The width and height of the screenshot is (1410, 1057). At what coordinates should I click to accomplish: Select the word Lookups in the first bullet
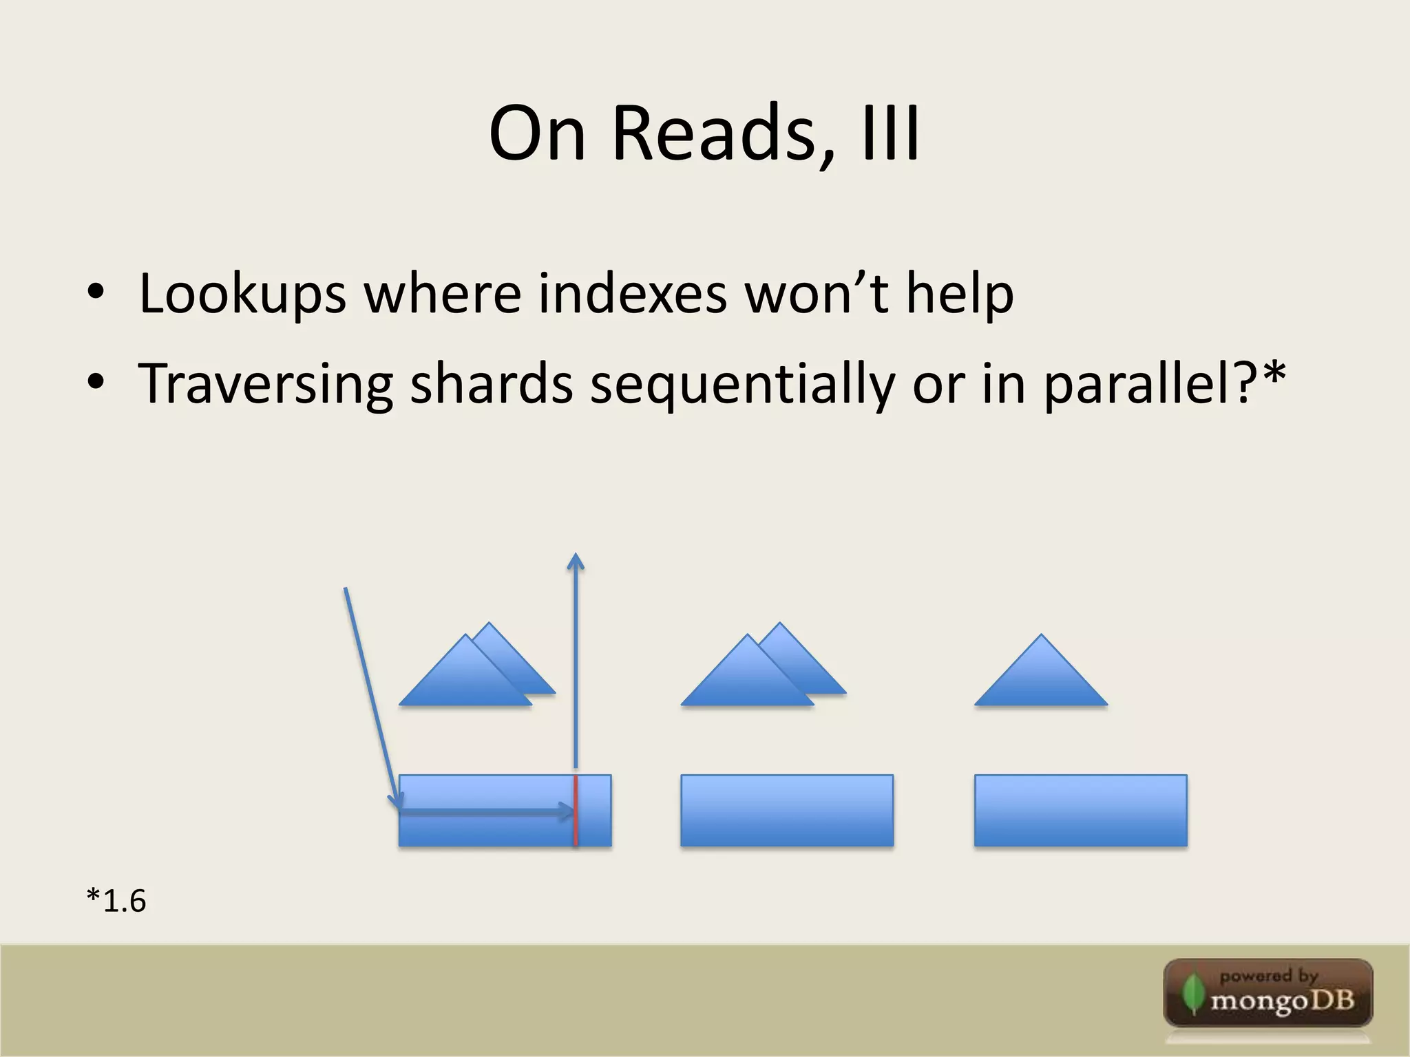pos(242,295)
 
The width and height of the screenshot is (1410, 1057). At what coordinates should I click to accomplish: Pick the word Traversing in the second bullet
pos(266,384)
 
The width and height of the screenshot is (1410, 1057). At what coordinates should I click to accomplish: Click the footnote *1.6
pos(116,901)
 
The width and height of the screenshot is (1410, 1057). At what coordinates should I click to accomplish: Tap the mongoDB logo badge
pos(1268,993)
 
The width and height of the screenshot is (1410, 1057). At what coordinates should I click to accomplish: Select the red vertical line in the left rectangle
pos(576,811)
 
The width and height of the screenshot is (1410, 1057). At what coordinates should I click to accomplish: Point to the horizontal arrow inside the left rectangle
pos(486,813)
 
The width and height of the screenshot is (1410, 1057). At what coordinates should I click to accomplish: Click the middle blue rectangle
pos(787,811)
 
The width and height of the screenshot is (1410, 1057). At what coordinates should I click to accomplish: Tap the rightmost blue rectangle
pos(1080,811)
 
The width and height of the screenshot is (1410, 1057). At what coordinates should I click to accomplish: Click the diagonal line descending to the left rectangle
pos(370,695)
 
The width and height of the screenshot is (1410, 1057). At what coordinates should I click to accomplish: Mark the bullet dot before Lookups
pos(96,294)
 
